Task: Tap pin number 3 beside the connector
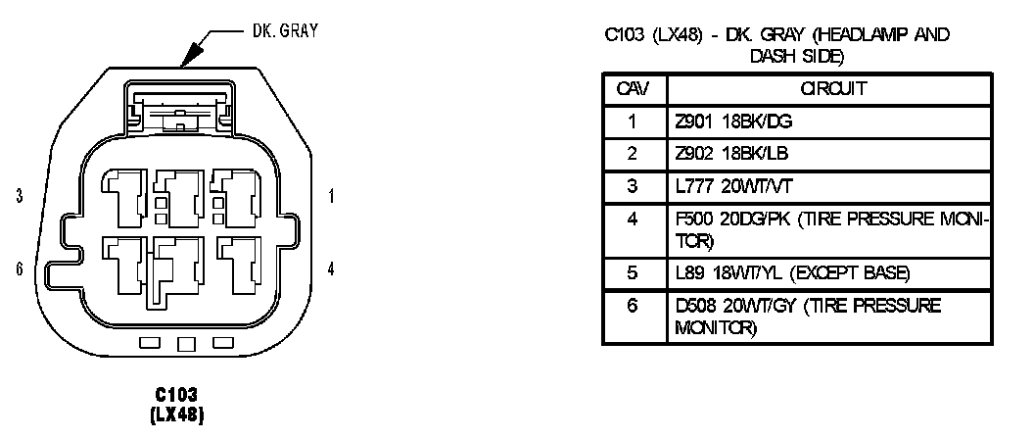pyautogui.click(x=20, y=196)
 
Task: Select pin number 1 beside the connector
pyautogui.click(x=331, y=196)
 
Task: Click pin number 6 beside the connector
pyautogui.click(x=20, y=268)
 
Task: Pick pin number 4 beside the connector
pyautogui.click(x=331, y=268)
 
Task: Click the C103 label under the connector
pyautogui.click(x=178, y=394)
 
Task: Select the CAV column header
pyautogui.click(x=632, y=89)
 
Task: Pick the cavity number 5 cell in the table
pyautogui.click(x=632, y=272)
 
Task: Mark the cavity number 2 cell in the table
pyautogui.click(x=632, y=154)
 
